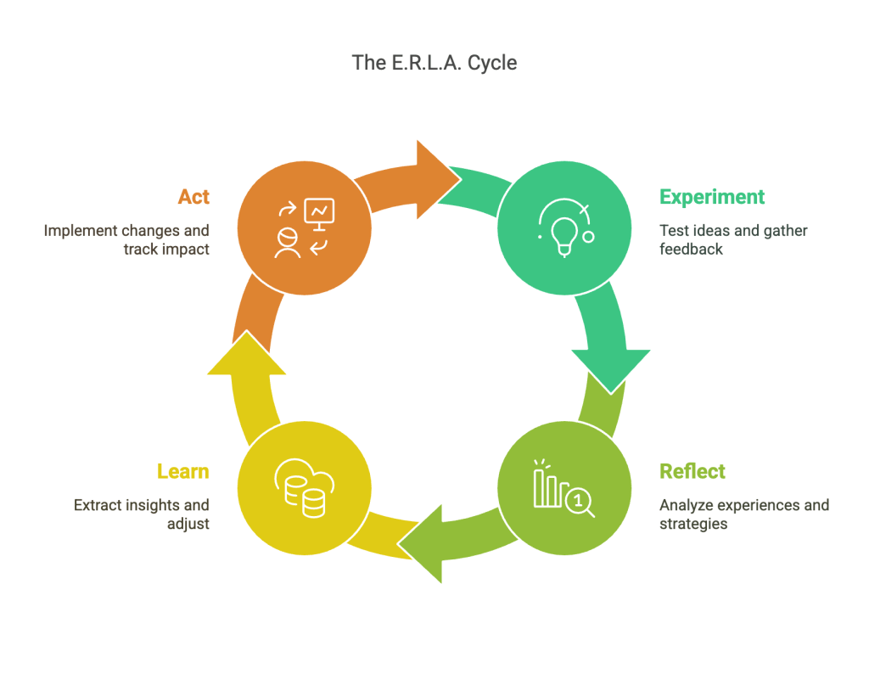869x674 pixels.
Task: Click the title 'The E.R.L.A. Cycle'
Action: pyautogui.click(x=434, y=63)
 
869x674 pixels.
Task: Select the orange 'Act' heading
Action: pyautogui.click(x=193, y=197)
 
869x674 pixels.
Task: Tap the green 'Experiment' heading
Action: pyautogui.click(x=712, y=197)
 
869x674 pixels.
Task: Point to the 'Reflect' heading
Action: pyautogui.click(x=692, y=471)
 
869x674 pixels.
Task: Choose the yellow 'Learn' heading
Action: pyautogui.click(x=182, y=471)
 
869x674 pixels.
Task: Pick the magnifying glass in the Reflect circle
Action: pyautogui.click(x=581, y=503)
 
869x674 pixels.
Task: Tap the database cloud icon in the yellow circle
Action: pyautogui.click(x=304, y=490)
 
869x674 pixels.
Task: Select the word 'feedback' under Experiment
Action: pyautogui.click(x=691, y=250)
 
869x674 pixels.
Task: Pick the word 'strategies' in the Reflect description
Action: pyautogui.click(x=693, y=524)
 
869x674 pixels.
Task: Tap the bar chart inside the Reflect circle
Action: pyautogui.click(x=547, y=487)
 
